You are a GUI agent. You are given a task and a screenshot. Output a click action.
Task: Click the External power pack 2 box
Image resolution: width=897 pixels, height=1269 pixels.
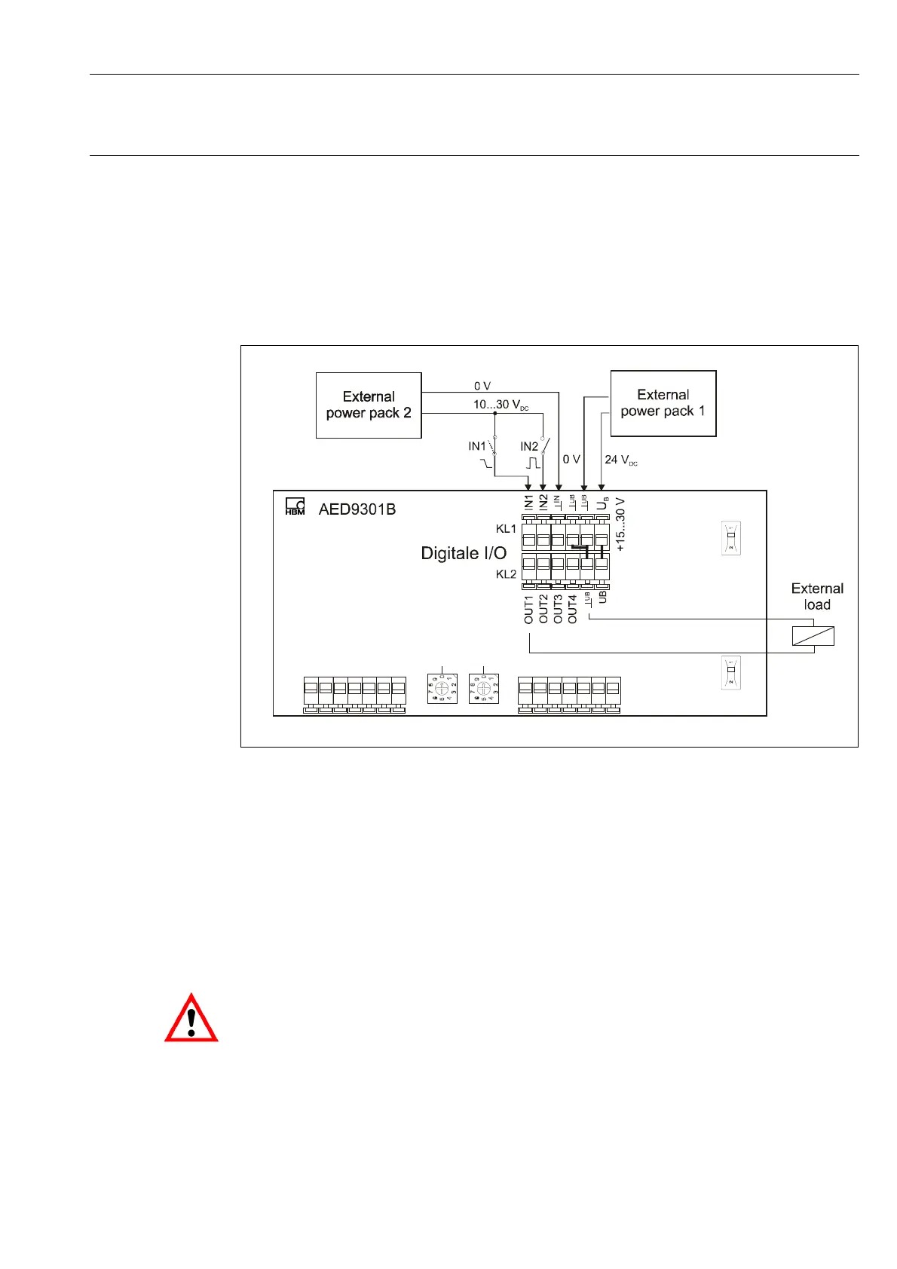pos(368,405)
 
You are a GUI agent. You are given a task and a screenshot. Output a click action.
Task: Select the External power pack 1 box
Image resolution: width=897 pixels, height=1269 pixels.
pos(663,403)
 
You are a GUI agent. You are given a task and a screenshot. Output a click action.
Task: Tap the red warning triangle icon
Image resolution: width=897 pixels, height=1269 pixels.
pos(191,1018)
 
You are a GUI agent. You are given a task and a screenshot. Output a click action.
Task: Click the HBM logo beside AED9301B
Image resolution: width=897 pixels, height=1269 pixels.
pos(295,507)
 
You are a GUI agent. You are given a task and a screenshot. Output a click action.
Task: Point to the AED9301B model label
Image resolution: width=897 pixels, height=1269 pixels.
pos(357,509)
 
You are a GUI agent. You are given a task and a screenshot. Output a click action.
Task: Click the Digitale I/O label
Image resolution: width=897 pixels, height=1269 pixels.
pos(464,553)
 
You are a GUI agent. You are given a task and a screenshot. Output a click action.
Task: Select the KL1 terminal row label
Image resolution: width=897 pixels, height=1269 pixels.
pos(506,529)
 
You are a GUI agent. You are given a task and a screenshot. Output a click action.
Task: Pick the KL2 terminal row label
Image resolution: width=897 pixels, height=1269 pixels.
pos(506,574)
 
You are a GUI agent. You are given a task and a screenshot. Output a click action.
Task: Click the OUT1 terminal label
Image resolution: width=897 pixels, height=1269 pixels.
pos(528,609)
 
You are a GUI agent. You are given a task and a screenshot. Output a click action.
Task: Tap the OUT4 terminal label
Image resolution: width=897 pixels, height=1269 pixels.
pos(572,609)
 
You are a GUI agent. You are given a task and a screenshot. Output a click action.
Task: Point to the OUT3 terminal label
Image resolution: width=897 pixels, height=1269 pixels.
pos(558,609)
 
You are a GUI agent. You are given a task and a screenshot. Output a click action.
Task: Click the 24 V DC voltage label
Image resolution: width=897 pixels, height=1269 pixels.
pos(620,460)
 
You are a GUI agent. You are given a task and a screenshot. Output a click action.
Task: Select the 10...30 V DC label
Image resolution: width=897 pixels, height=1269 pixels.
pos(501,405)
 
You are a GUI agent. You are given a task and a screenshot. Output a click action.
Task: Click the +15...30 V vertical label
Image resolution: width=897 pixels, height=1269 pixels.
pos(620,524)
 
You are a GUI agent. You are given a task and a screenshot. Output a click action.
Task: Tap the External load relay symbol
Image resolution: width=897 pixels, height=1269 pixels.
pos(813,636)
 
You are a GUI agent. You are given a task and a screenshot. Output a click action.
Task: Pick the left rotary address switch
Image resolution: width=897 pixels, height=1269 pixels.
pos(442,688)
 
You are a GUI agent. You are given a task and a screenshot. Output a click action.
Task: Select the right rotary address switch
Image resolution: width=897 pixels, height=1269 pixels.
pos(483,688)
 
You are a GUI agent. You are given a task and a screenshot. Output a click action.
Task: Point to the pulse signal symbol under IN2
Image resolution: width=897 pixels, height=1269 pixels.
pos(532,463)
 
